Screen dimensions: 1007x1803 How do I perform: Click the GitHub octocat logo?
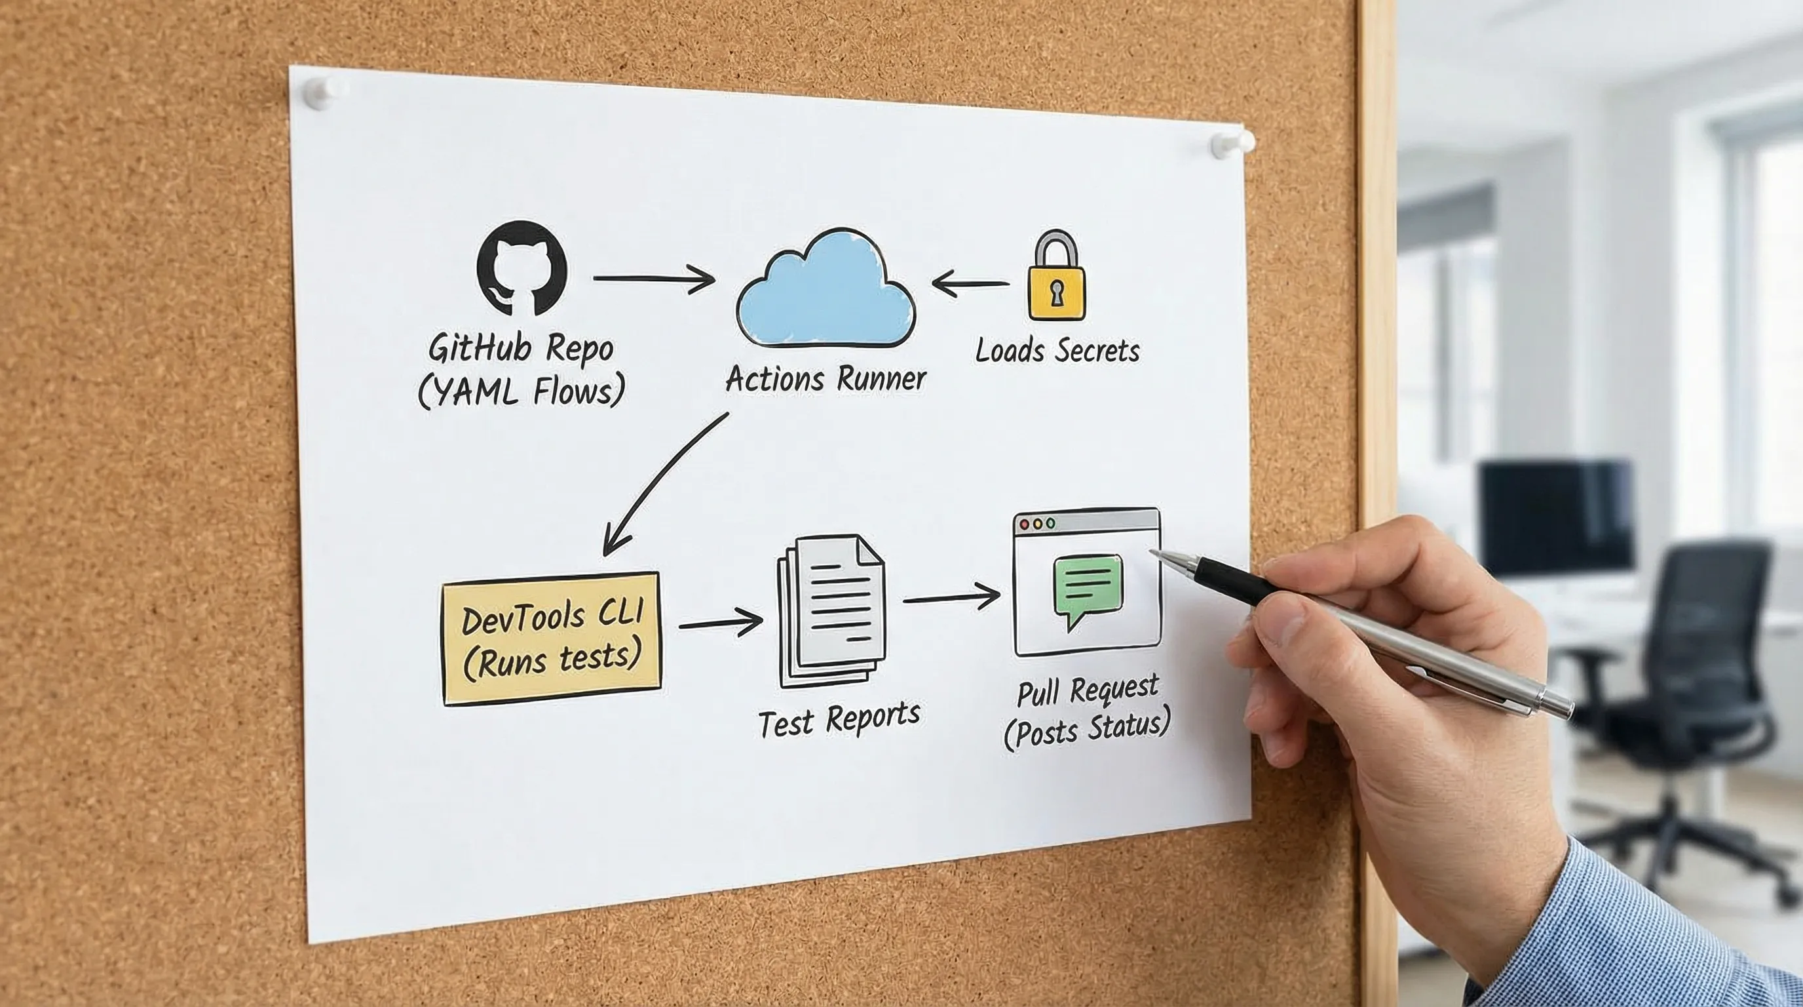click(x=522, y=267)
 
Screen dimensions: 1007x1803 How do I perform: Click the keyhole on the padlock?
click(x=1056, y=292)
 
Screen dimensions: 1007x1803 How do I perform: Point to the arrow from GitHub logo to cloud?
click(x=653, y=279)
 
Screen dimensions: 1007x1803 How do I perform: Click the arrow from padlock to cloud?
click(x=970, y=284)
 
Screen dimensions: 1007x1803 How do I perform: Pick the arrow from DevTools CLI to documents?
click(x=720, y=622)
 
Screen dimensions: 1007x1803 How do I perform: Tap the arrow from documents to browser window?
click(x=951, y=599)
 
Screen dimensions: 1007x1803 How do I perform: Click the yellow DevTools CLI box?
click(x=552, y=638)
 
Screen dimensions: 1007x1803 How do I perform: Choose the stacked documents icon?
click(x=831, y=609)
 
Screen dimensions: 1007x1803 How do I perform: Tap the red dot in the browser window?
click(x=1025, y=524)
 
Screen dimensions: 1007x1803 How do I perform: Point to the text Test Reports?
click(x=839, y=719)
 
